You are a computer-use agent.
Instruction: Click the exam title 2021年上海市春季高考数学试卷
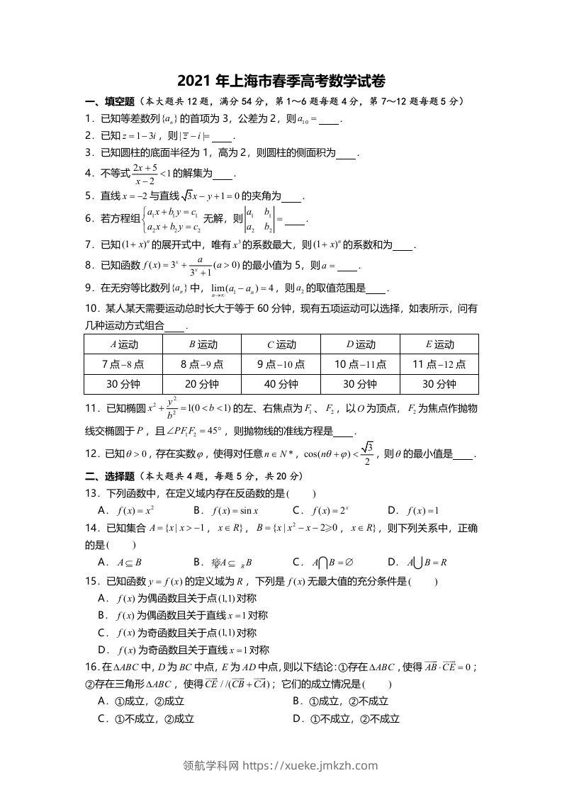point(281,80)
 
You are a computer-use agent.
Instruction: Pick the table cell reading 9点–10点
point(281,364)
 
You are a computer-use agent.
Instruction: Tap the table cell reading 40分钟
point(281,384)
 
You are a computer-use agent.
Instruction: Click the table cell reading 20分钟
point(202,384)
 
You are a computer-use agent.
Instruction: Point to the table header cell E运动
point(439,344)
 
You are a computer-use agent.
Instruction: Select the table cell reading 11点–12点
point(439,364)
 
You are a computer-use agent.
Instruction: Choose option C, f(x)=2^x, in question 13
point(330,509)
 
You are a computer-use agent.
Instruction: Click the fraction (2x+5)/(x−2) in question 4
point(144,172)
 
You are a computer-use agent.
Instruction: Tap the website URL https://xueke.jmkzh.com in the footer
point(311,765)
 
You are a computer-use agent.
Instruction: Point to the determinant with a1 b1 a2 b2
point(259,220)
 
